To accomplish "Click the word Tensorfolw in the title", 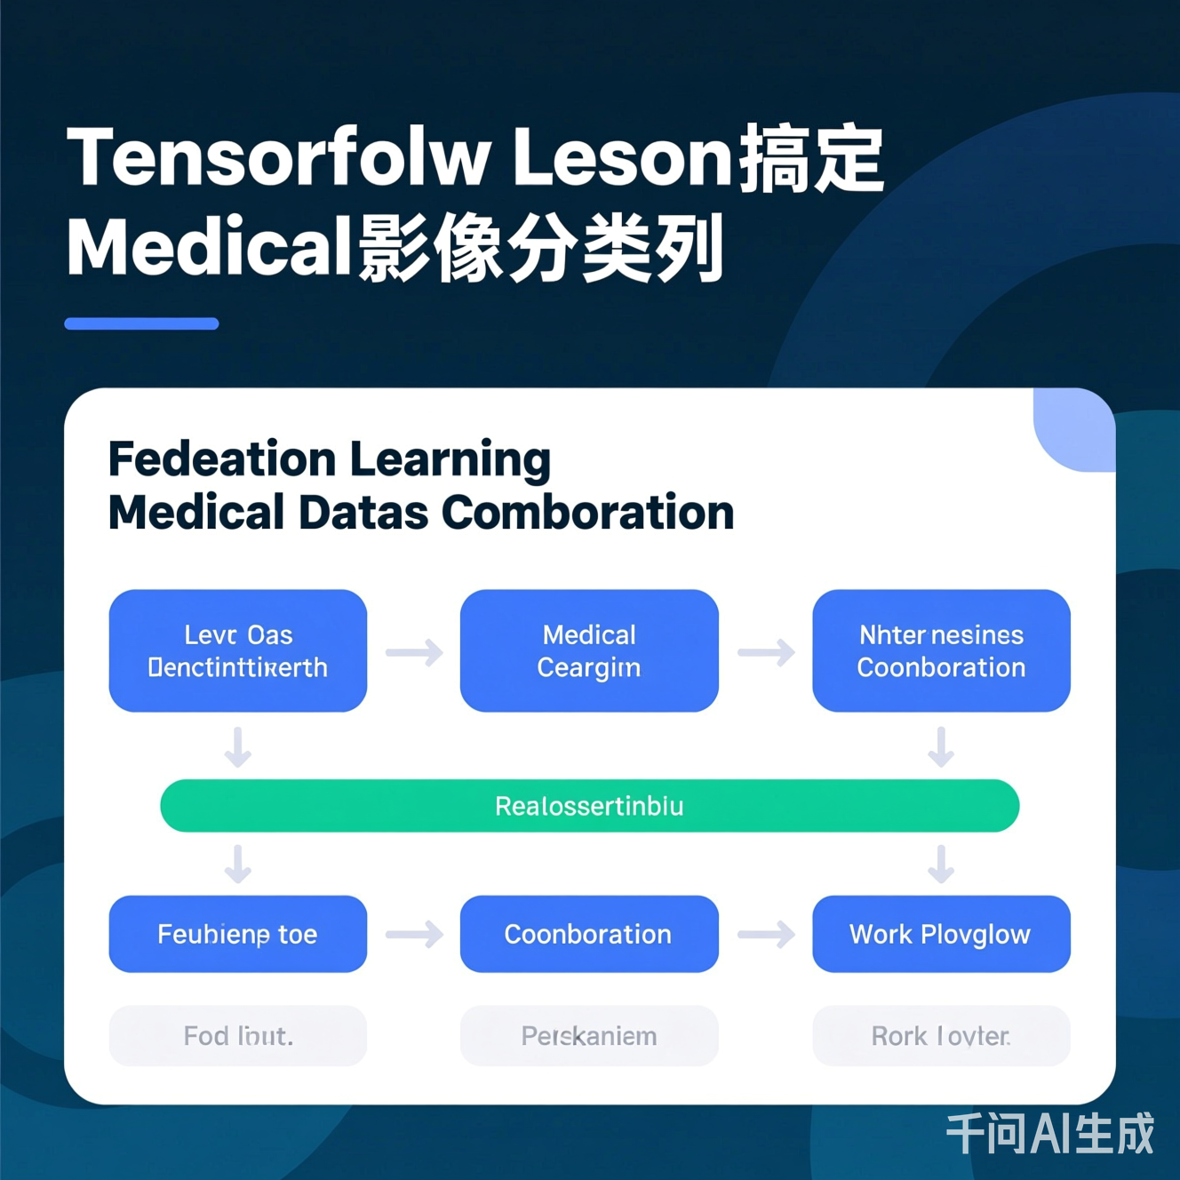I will point(278,158).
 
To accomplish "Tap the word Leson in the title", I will point(622,158).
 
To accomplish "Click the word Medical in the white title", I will point(210,248).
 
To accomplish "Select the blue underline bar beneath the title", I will point(141,324).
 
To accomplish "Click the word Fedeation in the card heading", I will point(221,459).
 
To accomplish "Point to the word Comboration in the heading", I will point(587,513).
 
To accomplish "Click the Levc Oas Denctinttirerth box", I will point(237,650).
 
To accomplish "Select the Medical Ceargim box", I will point(588,650).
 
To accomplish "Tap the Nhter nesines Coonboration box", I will point(940,650).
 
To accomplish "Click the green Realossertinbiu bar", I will point(589,806).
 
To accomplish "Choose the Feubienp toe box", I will point(237,934).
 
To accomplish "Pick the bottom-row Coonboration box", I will point(588,934).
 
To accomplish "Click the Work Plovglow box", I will point(940,934).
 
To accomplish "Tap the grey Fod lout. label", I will point(237,1036).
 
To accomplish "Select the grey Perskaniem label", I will point(588,1036).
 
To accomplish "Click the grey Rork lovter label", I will point(940,1036).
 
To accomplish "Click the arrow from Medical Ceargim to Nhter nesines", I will point(766,652).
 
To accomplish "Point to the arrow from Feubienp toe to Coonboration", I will point(414,934).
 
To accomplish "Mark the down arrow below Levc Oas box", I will point(237,746).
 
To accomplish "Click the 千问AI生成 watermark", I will point(1049,1134).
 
